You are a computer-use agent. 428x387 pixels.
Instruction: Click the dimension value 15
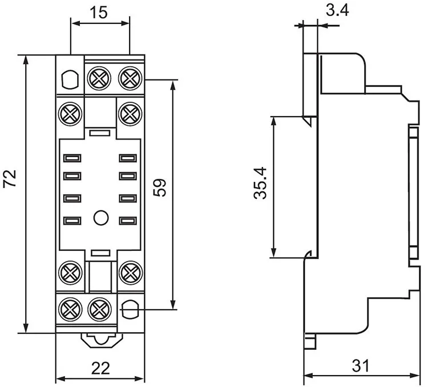click(100, 12)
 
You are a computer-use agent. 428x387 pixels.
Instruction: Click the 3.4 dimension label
click(337, 11)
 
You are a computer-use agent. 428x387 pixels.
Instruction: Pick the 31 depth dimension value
click(359, 365)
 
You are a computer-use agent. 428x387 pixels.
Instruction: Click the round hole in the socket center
click(100, 217)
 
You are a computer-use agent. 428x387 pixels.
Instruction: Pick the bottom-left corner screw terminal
click(70, 309)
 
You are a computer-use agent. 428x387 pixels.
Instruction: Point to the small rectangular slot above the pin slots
click(100, 133)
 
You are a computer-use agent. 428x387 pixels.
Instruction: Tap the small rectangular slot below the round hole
click(100, 252)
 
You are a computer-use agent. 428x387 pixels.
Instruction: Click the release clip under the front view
click(100, 340)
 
